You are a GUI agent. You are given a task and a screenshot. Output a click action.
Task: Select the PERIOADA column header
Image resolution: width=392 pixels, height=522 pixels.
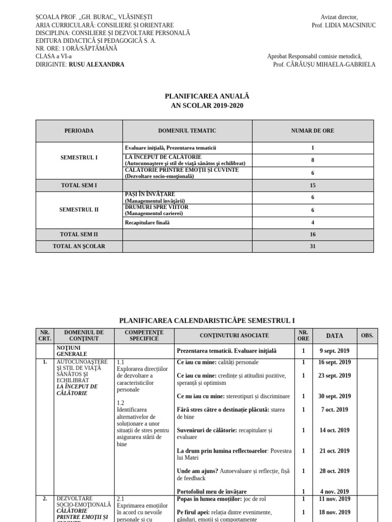click(79, 131)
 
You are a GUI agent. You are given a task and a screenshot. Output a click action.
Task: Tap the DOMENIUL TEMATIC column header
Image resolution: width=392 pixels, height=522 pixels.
click(187, 131)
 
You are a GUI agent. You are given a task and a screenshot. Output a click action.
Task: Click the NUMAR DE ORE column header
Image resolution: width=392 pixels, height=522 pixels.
click(312, 131)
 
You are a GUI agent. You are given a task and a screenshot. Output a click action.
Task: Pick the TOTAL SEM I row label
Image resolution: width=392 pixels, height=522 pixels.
click(79, 186)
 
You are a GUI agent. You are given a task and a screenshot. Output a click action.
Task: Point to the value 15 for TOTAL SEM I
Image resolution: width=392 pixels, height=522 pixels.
click(312, 186)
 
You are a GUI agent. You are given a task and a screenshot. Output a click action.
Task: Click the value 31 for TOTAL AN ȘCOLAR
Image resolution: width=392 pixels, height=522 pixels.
click(312, 246)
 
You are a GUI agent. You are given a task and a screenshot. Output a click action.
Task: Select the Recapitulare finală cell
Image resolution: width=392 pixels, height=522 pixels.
click(148, 222)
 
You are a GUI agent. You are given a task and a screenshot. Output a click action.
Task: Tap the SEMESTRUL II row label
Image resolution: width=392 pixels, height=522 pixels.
click(79, 210)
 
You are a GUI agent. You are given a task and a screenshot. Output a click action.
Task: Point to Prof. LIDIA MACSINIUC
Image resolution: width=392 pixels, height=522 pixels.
click(343, 25)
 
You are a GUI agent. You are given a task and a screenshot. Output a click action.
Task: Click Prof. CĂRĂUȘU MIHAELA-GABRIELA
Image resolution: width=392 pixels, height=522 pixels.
click(324, 65)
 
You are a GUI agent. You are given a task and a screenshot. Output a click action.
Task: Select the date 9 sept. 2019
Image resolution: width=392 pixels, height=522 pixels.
click(334, 351)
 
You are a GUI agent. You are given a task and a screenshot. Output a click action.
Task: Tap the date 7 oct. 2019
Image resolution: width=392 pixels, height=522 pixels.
click(334, 409)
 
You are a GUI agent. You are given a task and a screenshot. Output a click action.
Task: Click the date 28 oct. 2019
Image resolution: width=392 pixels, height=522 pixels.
click(334, 471)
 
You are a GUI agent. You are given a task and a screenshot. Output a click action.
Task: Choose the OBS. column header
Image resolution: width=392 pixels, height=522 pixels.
click(367, 335)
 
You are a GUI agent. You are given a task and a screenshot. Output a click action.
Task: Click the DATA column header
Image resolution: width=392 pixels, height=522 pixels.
click(334, 335)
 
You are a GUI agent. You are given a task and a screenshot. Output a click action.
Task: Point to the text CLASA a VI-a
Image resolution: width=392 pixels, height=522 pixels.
click(54, 57)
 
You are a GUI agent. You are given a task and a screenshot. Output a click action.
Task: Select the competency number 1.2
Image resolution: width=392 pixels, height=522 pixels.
click(120, 403)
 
